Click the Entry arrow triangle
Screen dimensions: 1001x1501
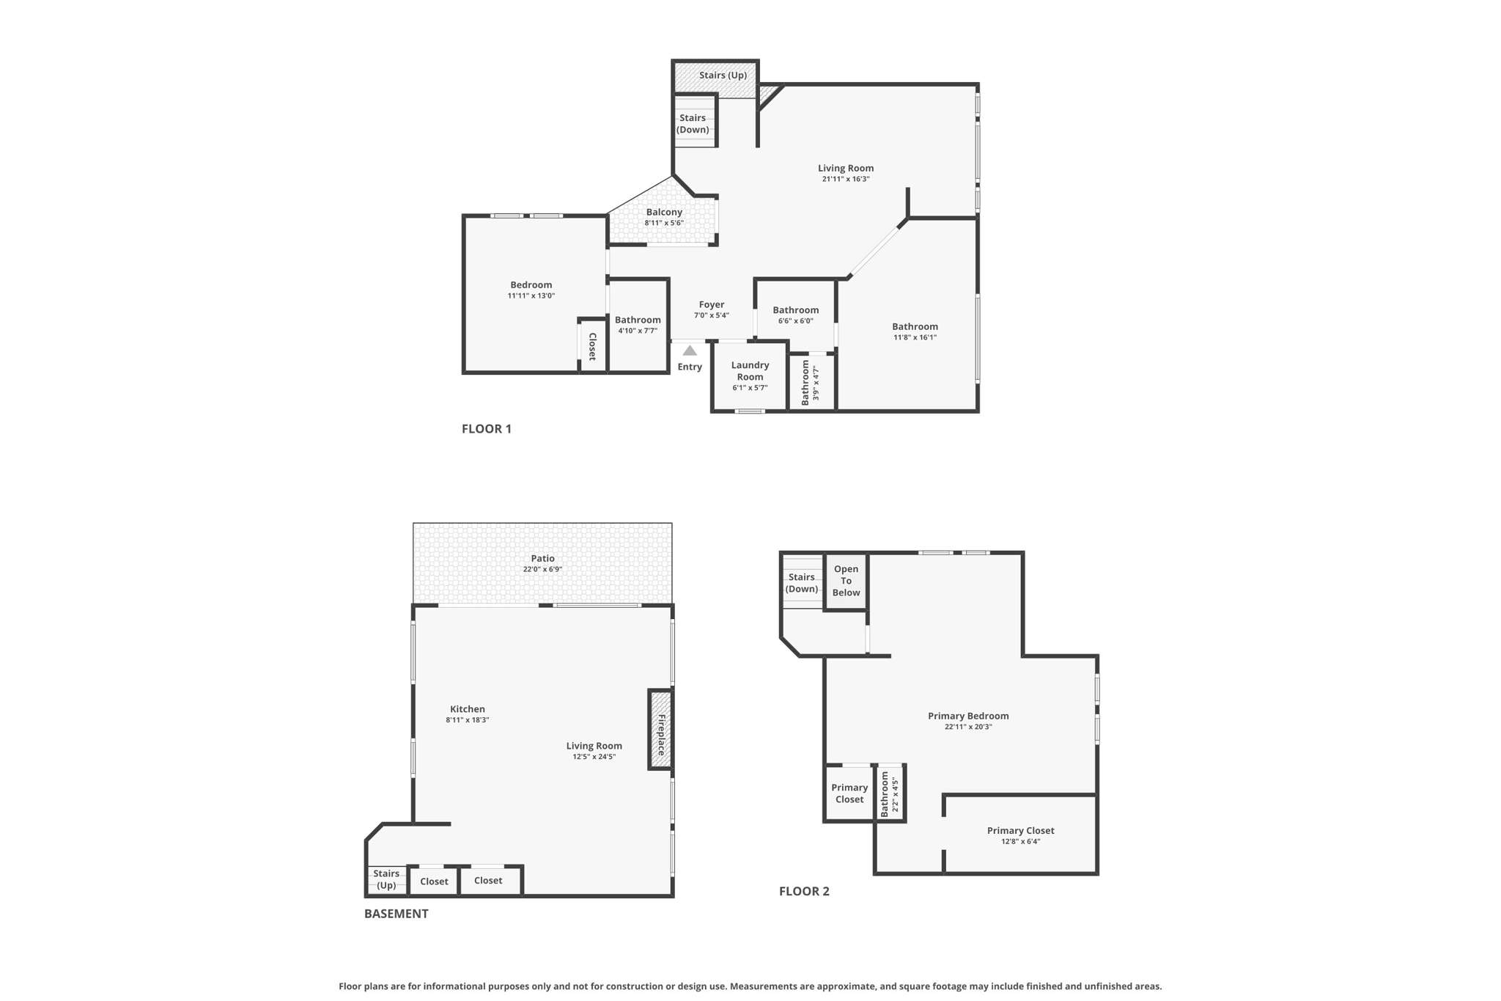pyautogui.click(x=690, y=351)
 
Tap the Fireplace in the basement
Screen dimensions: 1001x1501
pyautogui.click(x=660, y=730)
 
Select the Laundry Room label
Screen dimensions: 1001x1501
pyautogui.click(x=750, y=371)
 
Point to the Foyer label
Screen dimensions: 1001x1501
pyautogui.click(x=711, y=304)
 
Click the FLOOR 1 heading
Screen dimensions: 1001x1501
pyautogui.click(x=487, y=429)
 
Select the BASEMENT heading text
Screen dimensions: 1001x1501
pyautogui.click(x=397, y=914)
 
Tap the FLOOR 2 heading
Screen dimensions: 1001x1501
pyautogui.click(x=804, y=892)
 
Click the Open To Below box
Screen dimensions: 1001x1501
pyautogui.click(x=846, y=581)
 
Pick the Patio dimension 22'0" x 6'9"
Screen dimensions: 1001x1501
pyautogui.click(x=542, y=570)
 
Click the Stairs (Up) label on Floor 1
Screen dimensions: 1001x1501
pyautogui.click(x=723, y=76)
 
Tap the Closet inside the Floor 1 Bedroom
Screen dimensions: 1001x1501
pyautogui.click(x=592, y=346)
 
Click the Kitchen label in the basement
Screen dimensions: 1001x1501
pyautogui.click(x=468, y=709)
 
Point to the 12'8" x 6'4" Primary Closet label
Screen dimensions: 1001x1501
pyautogui.click(x=1020, y=831)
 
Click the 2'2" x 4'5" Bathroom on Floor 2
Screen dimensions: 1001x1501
pyautogui.click(x=890, y=793)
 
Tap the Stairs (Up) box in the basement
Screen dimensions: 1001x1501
pyautogui.click(x=386, y=879)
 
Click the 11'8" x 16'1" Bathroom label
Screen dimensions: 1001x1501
pyautogui.click(x=915, y=327)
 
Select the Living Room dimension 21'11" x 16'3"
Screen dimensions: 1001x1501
pyautogui.click(x=846, y=180)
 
